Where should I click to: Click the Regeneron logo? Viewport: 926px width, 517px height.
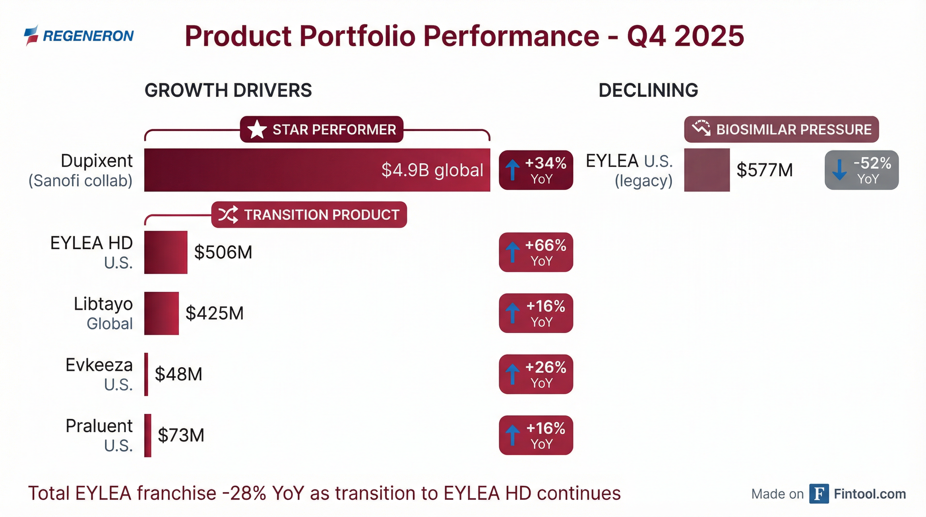(79, 36)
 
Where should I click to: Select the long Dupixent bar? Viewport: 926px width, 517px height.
(317, 170)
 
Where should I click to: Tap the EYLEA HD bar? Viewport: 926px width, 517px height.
(166, 252)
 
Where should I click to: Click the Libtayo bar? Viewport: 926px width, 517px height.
(162, 313)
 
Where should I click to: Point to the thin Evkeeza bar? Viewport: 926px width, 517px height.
(146, 374)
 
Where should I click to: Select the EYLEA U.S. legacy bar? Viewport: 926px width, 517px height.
(707, 170)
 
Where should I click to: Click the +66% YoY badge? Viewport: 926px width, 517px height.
(536, 252)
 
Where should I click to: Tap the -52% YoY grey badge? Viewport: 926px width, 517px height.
(861, 170)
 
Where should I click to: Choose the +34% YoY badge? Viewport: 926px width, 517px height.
(536, 170)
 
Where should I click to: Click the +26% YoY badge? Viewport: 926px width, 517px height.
(536, 374)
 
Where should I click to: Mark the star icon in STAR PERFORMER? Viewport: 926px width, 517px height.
(257, 130)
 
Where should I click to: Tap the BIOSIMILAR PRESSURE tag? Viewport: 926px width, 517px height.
(781, 130)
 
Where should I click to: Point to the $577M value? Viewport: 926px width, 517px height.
(764, 170)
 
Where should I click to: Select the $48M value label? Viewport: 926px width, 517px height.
(178, 374)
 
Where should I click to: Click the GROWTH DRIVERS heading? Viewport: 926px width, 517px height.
(228, 90)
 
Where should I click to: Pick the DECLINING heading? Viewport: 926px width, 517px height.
(648, 90)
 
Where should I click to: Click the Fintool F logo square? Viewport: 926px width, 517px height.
(819, 494)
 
